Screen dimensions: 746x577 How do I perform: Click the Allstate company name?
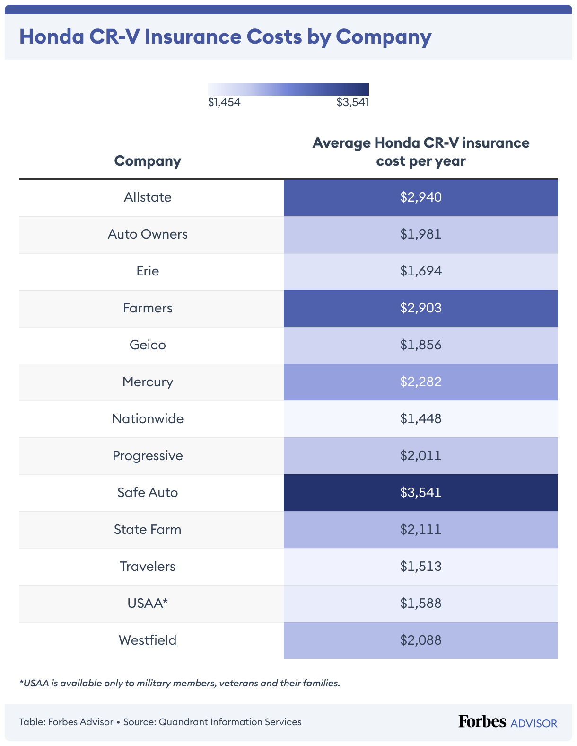click(x=148, y=197)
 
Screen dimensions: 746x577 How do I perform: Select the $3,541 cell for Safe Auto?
click(x=420, y=493)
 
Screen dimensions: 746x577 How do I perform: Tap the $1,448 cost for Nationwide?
click(x=420, y=419)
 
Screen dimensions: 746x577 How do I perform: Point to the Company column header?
click(x=148, y=161)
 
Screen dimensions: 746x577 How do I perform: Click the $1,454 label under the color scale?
click(x=224, y=102)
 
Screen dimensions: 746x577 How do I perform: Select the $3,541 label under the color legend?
click(x=352, y=102)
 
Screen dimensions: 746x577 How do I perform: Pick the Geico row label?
click(x=148, y=345)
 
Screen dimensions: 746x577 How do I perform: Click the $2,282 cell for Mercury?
click(x=420, y=382)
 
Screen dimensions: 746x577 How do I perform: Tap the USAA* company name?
click(x=148, y=604)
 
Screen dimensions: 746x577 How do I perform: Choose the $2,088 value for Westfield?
click(x=420, y=640)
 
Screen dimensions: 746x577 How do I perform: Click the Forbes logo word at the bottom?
click(x=482, y=721)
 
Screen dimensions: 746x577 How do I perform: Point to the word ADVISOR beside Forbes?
click(x=534, y=723)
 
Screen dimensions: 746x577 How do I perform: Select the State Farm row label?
click(x=148, y=530)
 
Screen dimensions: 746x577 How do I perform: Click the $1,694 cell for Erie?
click(x=420, y=271)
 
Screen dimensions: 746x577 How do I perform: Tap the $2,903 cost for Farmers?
click(x=420, y=308)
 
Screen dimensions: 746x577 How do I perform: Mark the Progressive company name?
click(x=148, y=456)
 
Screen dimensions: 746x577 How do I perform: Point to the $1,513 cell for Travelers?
click(x=420, y=567)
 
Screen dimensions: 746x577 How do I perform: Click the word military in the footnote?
click(x=154, y=684)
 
